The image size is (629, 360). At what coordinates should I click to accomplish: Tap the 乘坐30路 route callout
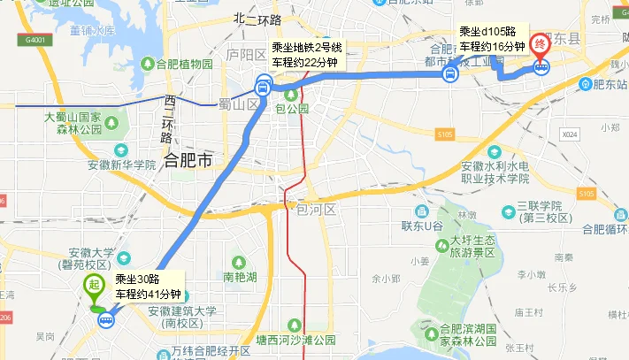(145, 287)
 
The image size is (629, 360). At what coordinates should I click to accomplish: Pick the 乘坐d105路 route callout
(492, 39)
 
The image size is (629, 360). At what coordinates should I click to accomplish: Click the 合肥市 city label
(188, 160)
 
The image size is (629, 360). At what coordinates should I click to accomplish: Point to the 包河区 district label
(316, 210)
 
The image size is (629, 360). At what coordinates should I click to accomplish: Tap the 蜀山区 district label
(236, 104)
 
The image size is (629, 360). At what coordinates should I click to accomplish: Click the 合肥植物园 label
(183, 65)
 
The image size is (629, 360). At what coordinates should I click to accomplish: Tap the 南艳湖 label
(240, 276)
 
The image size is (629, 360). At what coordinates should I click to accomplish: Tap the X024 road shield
(568, 134)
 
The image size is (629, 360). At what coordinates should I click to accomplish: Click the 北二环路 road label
(257, 19)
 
